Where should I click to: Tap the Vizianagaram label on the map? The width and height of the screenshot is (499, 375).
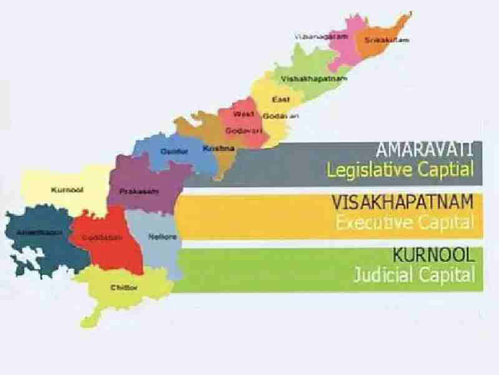[316, 35]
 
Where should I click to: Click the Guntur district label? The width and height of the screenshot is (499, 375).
[173, 151]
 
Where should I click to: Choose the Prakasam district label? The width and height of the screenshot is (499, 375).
[139, 191]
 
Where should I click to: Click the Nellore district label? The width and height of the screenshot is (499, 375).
[164, 237]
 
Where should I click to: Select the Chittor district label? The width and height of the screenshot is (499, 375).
[124, 287]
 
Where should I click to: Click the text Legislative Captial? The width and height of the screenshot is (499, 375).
[399, 170]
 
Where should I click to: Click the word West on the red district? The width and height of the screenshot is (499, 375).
[243, 114]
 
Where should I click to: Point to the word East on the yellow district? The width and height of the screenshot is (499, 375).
[279, 100]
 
